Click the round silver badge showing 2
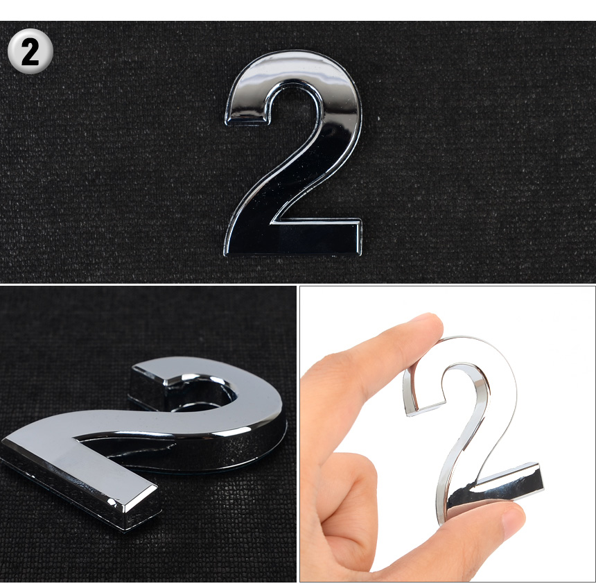(x=30, y=51)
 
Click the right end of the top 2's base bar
(x=359, y=238)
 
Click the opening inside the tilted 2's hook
(x=202, y=395)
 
